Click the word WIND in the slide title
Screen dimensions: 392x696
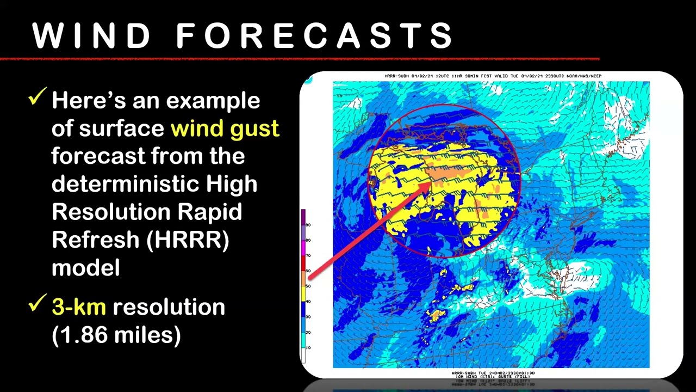(91, 36)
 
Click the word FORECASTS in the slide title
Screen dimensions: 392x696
(314, 36)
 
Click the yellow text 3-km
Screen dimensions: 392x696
(78, 307)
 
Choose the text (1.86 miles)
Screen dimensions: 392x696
(116, 335)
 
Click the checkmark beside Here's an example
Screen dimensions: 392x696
(38, 98)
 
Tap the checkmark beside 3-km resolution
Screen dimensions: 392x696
(38, 305)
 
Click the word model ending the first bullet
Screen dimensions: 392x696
(85, 267)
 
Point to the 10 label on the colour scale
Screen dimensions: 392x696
(308, 347)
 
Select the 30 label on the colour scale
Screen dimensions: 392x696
(308, 317)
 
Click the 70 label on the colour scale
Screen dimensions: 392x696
(308, 255)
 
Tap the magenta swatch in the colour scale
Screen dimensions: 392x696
(303, 248)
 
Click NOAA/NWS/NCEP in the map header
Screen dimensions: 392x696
(585, 76)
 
